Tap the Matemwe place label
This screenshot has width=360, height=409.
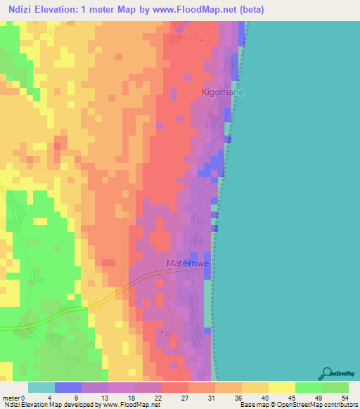(x=189, y=264)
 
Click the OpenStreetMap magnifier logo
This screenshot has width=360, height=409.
(x=326, y=372)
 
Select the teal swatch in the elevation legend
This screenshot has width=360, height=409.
(x=41, y=387)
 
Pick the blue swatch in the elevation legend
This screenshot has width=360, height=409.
(x=68, y=387)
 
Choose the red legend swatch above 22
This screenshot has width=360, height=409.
(x=175, y=387)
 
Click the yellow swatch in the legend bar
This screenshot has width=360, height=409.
(x=281, y=387)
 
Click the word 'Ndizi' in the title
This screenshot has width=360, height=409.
(x=21, y=8)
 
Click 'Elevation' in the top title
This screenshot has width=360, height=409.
(x=62, y=8)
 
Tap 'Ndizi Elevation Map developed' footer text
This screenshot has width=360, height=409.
(x=46, y=405)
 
